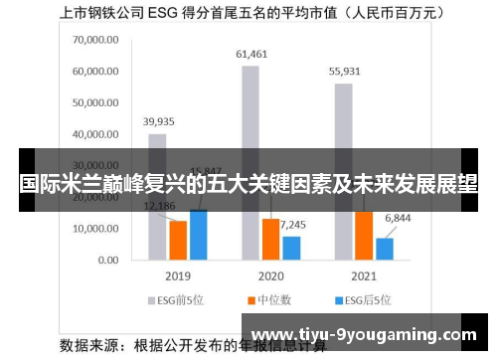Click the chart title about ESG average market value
pos(248,14)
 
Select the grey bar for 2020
pos(249,109)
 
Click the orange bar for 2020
pos(270,239)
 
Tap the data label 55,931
pos(345,72)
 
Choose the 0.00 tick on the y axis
pos(107,260)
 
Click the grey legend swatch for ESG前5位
pos(153,298)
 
